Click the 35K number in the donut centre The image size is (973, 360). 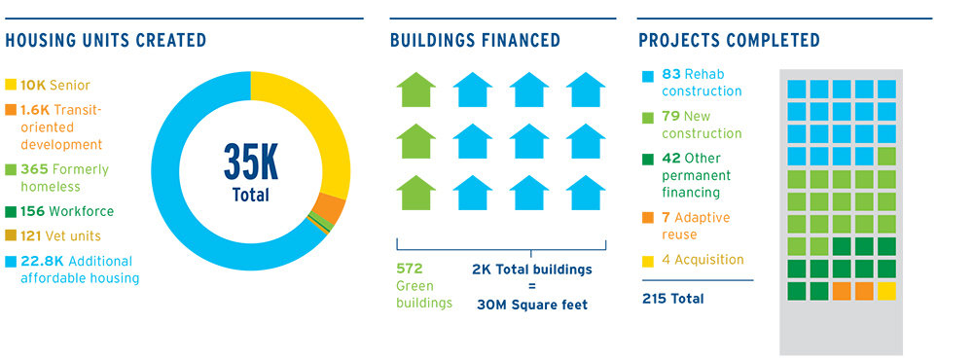(x=251, y=161)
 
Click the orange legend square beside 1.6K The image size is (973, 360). (x=11, y=111)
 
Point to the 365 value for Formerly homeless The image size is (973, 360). (x=33, y=169)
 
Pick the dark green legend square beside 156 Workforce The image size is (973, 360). (x=11, y=212)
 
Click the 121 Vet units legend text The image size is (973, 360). (x=60, y=236)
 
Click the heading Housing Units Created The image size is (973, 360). (x=105, y=41)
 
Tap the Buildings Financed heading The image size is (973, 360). (x=476, y=41)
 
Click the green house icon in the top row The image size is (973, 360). (x=415, y=90)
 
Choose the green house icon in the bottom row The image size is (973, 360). (x=415, y=193)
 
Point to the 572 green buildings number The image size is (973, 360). (x=409, y=269)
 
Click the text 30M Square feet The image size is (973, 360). (x=532, y=305)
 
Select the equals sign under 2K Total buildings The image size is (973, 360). (x=532, y=287)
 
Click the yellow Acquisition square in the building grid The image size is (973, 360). (x=886, y=291)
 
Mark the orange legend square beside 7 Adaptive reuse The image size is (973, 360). (x=647, y=218)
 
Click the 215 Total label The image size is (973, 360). (x=673, y=299)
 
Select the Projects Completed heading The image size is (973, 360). (x=729, y=41)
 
